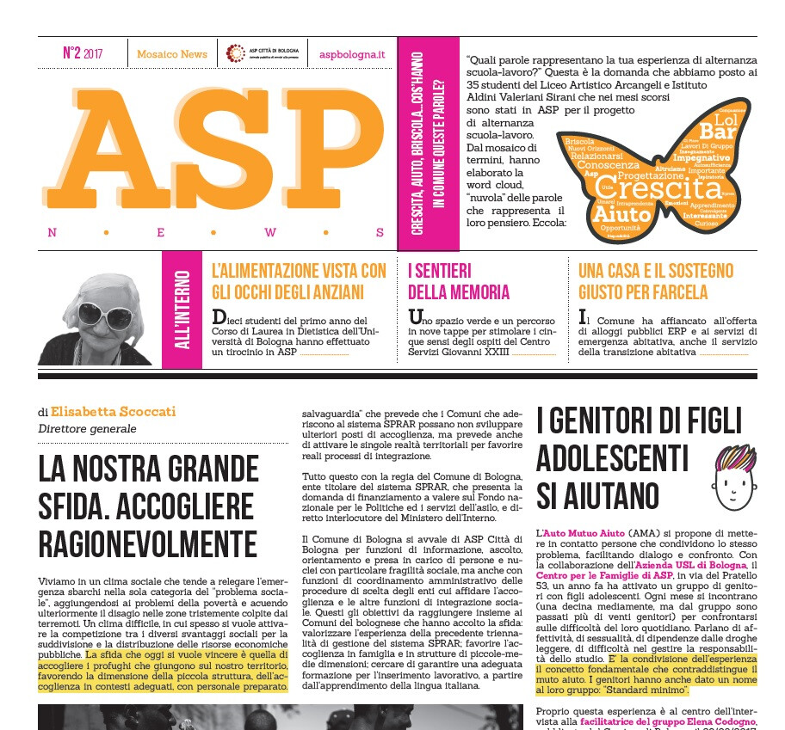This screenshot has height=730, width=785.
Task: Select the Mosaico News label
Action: (x=172, y=54)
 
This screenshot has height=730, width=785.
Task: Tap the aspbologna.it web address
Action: (x=352, y=54)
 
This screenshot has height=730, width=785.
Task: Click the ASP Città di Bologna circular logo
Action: (x=235, y=53)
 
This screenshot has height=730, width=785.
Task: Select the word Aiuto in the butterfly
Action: (x=622, y=212)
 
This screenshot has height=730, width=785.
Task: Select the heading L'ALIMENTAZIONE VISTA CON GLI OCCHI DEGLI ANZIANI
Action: (x=299, y=281)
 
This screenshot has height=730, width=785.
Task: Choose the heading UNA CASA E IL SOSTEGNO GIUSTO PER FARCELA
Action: (x=656, y=281)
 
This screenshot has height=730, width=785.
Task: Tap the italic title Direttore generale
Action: (x=87, y=428)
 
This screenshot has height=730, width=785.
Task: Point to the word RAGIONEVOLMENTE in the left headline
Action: (x=147, y=544)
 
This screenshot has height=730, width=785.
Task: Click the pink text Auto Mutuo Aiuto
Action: (x=578, y=534)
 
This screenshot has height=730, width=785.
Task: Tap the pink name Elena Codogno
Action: (x=714, y=722)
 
